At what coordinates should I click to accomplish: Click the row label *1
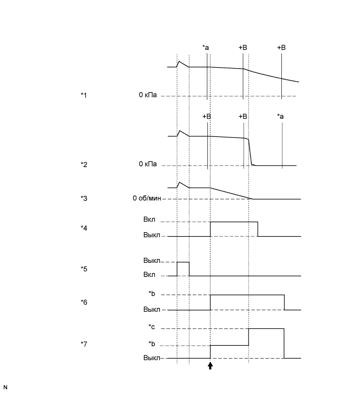pos(84,95)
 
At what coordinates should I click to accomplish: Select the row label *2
pos(84,164)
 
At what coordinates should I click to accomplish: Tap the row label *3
pos(84,198)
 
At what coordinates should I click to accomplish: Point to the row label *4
pos(84,228)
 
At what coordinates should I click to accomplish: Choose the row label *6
pos(84,302)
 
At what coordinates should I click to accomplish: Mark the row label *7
pos(84,344)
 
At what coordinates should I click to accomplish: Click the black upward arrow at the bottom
pos(210,366)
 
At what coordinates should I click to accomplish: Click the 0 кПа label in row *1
pos(149,95)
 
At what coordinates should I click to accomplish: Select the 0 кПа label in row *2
pos(149,164)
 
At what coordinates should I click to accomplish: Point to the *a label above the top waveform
pos(206,48)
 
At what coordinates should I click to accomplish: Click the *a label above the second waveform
pos(281,116)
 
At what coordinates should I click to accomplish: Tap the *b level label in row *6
pos(152,295)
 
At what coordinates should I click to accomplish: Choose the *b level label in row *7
pos(152,345)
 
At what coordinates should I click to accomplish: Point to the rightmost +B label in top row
pos(281,48)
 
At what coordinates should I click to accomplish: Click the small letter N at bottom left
pos(6,387)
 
